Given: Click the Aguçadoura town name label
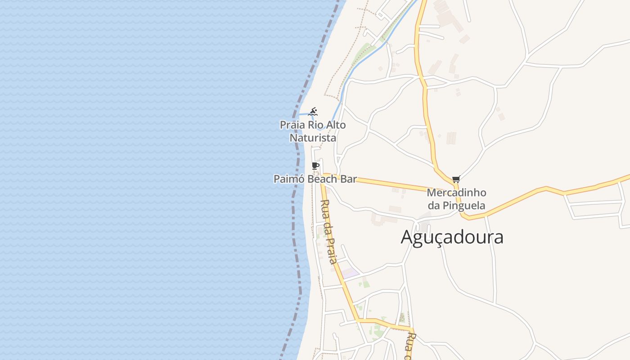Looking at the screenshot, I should tap(452, 237).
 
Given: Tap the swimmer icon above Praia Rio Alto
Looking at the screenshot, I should tap(313, 111).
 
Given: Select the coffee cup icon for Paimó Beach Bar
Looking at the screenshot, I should tap(315, 166).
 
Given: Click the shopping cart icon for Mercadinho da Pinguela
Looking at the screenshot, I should tap(456, 180).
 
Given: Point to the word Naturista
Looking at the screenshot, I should tap(313, 138).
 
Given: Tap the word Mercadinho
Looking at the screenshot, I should tap(456, 193).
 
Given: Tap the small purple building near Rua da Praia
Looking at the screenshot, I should tap(350, 272).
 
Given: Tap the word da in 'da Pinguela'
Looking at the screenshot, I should tap(433, 206).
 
